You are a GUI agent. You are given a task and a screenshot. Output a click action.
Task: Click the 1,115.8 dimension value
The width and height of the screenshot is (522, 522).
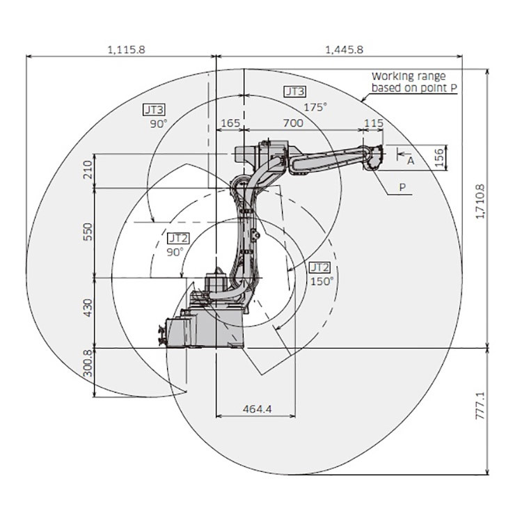(127, 49)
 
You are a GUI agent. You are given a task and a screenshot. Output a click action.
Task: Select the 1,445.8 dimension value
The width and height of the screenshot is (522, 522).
(344, 49)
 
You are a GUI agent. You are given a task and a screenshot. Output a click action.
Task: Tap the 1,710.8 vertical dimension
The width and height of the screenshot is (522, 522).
(480, 201)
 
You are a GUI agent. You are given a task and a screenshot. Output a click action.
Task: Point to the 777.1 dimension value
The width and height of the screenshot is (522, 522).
(480, 406)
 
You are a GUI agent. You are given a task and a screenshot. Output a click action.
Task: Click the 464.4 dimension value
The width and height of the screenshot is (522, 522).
(257, 409)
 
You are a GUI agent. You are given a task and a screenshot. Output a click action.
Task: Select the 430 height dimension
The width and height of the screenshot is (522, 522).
(88, 308)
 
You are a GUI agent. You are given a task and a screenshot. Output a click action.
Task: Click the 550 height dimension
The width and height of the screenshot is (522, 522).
(88, 232)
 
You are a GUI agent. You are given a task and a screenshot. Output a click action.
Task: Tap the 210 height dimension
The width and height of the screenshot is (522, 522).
(88, 169)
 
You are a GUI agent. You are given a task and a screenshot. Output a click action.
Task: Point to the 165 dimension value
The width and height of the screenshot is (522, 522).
(230, 122)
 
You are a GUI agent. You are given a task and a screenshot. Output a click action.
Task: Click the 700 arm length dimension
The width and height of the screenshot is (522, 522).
(293, 122)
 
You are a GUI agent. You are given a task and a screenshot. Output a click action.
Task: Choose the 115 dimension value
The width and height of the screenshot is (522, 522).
(374, 122)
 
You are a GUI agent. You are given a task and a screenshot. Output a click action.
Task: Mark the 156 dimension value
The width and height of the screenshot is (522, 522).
(439, 157)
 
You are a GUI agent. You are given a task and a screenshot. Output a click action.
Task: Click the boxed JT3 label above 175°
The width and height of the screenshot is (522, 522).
(294, 92)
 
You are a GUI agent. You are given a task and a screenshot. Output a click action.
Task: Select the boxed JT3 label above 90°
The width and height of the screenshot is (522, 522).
(154, 109)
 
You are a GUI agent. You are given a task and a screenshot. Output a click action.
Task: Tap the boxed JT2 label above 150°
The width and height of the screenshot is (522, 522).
(319, 267)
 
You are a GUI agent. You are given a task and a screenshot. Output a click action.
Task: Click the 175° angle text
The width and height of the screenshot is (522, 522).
(315, 107)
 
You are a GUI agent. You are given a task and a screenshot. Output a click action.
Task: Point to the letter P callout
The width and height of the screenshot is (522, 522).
(402, 187)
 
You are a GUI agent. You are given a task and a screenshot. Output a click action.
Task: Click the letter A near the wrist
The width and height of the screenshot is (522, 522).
(411, 161)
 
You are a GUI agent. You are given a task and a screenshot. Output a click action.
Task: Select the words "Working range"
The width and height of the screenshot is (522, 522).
(409, 77)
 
